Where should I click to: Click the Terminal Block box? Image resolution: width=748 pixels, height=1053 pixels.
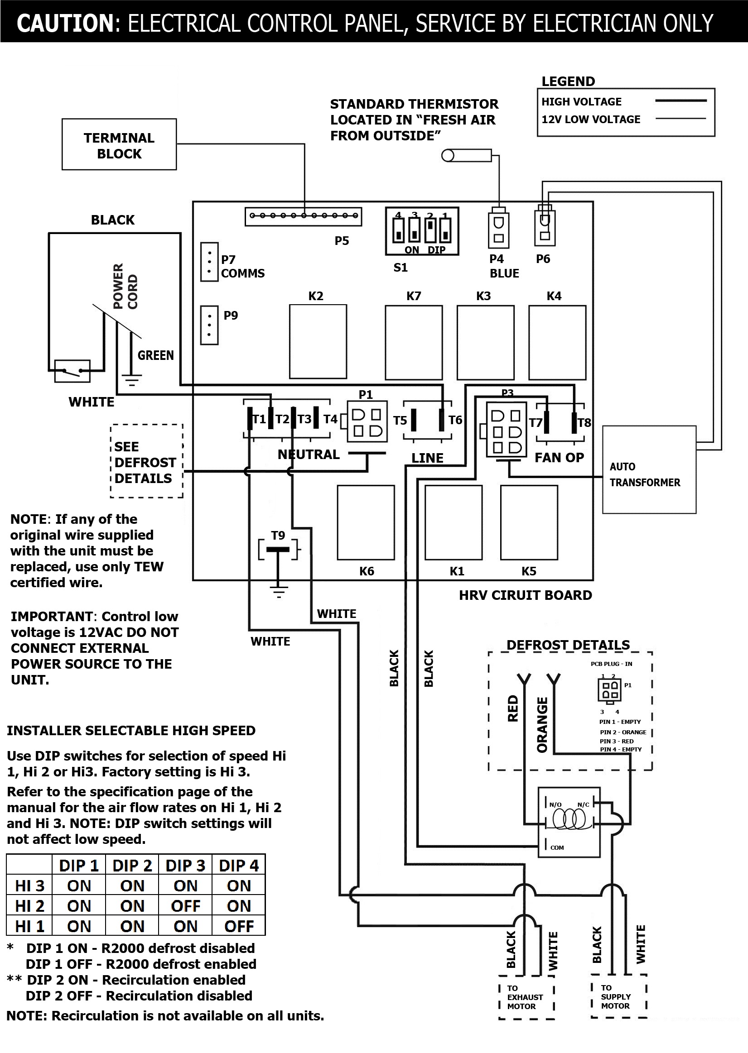pos(119,144)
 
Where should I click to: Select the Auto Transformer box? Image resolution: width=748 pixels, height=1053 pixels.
pos(648,469)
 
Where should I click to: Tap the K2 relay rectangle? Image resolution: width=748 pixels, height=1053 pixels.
pos(318,341)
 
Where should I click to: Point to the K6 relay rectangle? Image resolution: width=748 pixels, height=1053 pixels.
pos(366,522)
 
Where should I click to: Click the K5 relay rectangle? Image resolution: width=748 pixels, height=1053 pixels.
pos(529,522)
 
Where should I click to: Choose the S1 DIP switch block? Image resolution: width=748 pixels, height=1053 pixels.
pos(422,230)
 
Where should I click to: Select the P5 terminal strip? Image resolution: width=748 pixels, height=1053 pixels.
pos(303,216)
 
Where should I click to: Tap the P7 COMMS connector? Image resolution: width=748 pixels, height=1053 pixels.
pos(209,262)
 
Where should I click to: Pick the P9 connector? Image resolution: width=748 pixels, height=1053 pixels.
pos(209,325)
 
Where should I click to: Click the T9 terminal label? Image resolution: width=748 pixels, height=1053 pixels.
pos(278,535)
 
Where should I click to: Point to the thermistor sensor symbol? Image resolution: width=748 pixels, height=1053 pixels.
pos(466,156)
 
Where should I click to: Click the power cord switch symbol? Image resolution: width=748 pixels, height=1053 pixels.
pos(72,371)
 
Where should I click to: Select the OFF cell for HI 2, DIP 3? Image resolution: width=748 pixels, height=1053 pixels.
pos(185,906)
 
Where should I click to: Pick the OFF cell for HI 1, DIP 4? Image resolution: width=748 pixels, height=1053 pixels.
pos(239,926)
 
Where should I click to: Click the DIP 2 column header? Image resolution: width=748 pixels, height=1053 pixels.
pos(132,866)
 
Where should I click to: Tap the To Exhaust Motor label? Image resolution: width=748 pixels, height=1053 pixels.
pos(525,997)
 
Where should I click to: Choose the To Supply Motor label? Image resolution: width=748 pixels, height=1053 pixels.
pos(616,997)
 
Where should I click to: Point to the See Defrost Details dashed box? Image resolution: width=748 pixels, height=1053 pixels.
pos(146,462)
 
